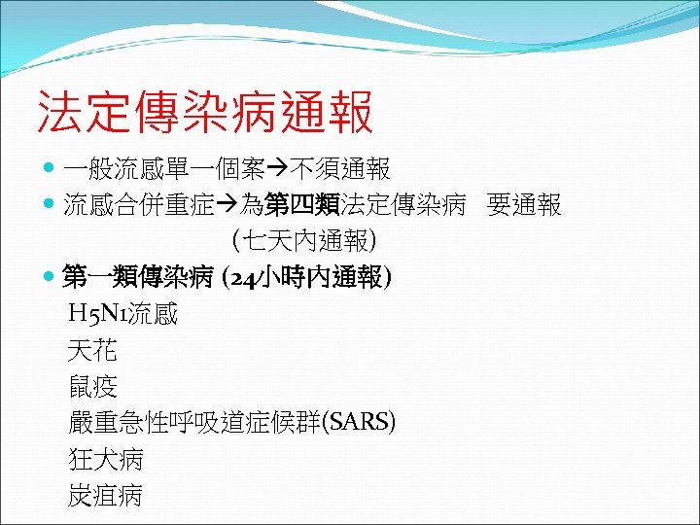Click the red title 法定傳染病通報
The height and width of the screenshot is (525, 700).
click(204, 113)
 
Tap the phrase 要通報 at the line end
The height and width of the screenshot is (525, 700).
click(525, 205)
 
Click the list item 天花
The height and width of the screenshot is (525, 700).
click(92, 350)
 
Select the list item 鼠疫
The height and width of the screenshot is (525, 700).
click(92, 386)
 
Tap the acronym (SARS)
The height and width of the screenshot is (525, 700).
click(362, 422)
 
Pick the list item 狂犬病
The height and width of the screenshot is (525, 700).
click(105, 458)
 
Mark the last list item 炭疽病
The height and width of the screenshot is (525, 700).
click(105, 495)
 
